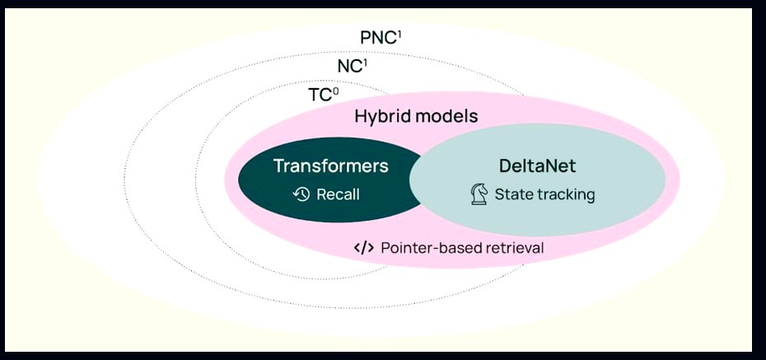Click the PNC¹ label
381,38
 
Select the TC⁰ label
324,95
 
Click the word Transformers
331,166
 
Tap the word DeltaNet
537,166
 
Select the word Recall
338,194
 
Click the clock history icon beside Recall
301,194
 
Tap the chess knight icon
479,194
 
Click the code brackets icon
364,248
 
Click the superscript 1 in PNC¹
399,35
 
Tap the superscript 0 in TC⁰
335,91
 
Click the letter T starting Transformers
279,166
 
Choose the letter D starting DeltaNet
505,166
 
